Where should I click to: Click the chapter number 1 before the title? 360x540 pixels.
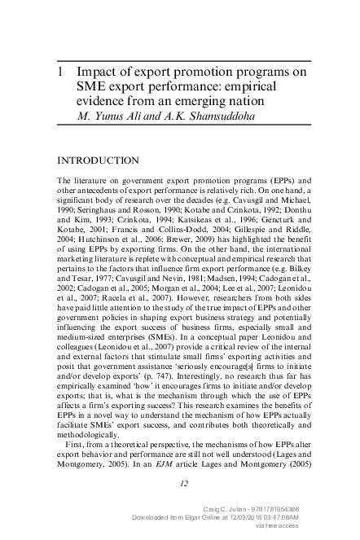click(61, 72)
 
